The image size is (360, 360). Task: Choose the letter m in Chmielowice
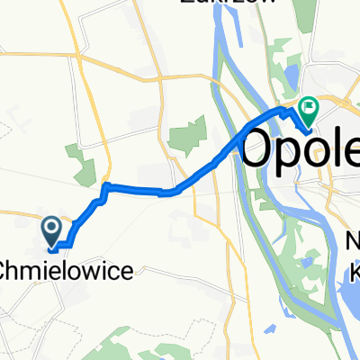point(33,268)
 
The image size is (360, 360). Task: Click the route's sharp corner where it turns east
point(107,186)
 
